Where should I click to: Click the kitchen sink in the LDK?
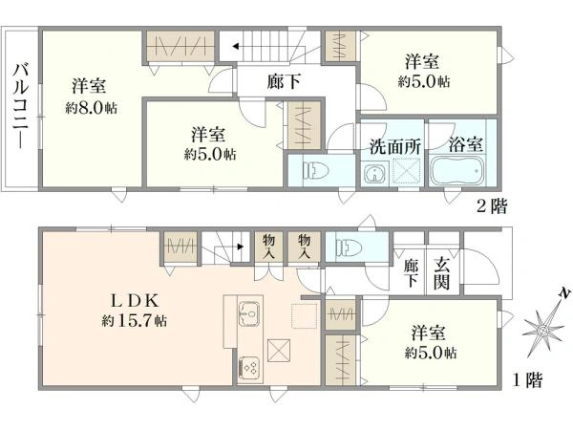250,312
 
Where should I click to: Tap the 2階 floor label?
493,204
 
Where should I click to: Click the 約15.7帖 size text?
135,321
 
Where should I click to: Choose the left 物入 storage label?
269,247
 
